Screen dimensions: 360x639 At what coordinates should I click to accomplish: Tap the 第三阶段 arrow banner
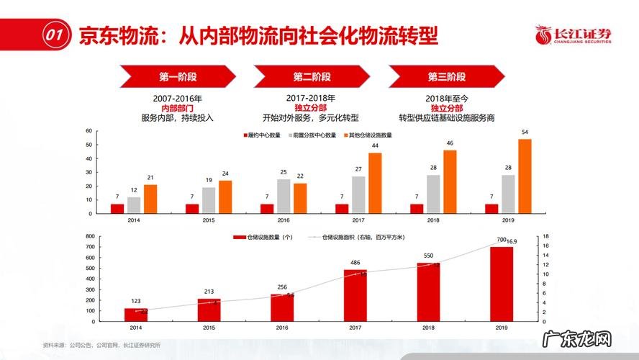pyautogui.click(x=447, y=76)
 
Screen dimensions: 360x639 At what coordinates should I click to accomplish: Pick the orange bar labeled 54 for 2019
pyautogui.click(x=525, y=176)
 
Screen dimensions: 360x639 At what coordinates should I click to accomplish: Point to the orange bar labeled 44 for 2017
pyautogui.click(x=375, y=183)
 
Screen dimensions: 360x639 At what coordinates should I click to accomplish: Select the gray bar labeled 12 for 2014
pyautogui.click(x=134, y=205)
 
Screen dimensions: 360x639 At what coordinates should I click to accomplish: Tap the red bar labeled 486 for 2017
pyautogui.click(x=355, y=294)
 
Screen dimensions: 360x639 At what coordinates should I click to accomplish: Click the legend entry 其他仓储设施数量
pyautogui.click(x=368, y=135)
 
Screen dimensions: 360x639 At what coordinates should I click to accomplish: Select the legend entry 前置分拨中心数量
pyautogui.click(x=312, y=135)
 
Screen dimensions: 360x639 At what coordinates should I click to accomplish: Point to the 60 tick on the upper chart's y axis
pyautogui.click(x=89, y=131)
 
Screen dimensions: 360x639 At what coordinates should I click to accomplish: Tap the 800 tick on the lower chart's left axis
pyautogui.click(x=89, y=236)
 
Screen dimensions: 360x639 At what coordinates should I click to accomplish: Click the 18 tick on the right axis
pyautogui.click(x=546, y=236)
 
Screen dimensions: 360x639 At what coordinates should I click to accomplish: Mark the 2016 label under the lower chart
pyautogui.click(x=282, y=328)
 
